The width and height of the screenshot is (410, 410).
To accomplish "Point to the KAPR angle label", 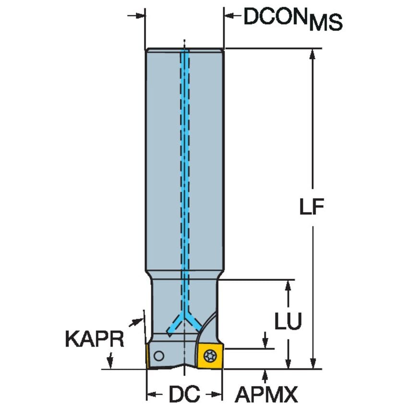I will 94,339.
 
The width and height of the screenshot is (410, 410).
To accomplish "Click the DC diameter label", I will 184,395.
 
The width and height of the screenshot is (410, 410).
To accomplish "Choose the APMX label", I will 266,395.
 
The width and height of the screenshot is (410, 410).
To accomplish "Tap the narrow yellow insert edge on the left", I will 148,356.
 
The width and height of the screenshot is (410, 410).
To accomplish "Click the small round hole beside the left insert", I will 159,356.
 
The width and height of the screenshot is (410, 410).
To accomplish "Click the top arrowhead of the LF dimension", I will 313,53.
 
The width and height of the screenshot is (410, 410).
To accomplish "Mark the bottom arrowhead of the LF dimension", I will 313,364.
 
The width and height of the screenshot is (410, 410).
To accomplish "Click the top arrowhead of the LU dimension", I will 288,285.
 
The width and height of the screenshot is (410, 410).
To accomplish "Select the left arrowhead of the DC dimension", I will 150,395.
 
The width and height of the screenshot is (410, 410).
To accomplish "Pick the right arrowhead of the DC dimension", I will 218,395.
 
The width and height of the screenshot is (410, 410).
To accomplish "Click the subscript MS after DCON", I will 326,23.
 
